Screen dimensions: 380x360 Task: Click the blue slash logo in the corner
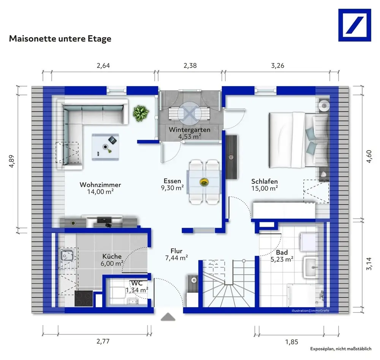tap(355, 25)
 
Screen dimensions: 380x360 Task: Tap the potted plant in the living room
tap(141, 113)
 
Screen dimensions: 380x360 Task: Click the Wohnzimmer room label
tap(100, 185)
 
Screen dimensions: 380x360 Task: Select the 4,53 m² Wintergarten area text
tap(190, 137)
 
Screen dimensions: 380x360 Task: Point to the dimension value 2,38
tap(190, 66)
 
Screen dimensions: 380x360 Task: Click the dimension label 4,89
tap(12, 161)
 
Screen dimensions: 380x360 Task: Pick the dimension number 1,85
tap(291, 342)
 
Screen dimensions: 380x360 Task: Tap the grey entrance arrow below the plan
tap(168, 317)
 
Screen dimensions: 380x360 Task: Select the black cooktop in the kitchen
tap(84, 298)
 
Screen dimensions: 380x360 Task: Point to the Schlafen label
tap(264, 182)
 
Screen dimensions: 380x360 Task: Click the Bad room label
tap(282, 253)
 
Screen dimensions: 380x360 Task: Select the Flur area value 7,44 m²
tap(177, 258)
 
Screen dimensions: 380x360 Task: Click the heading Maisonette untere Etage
tap(60, 39)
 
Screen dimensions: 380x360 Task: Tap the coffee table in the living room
tap(105, 147)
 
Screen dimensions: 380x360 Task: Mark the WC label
tap(137, 283)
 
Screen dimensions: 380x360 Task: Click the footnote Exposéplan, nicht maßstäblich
tap(341, 349)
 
